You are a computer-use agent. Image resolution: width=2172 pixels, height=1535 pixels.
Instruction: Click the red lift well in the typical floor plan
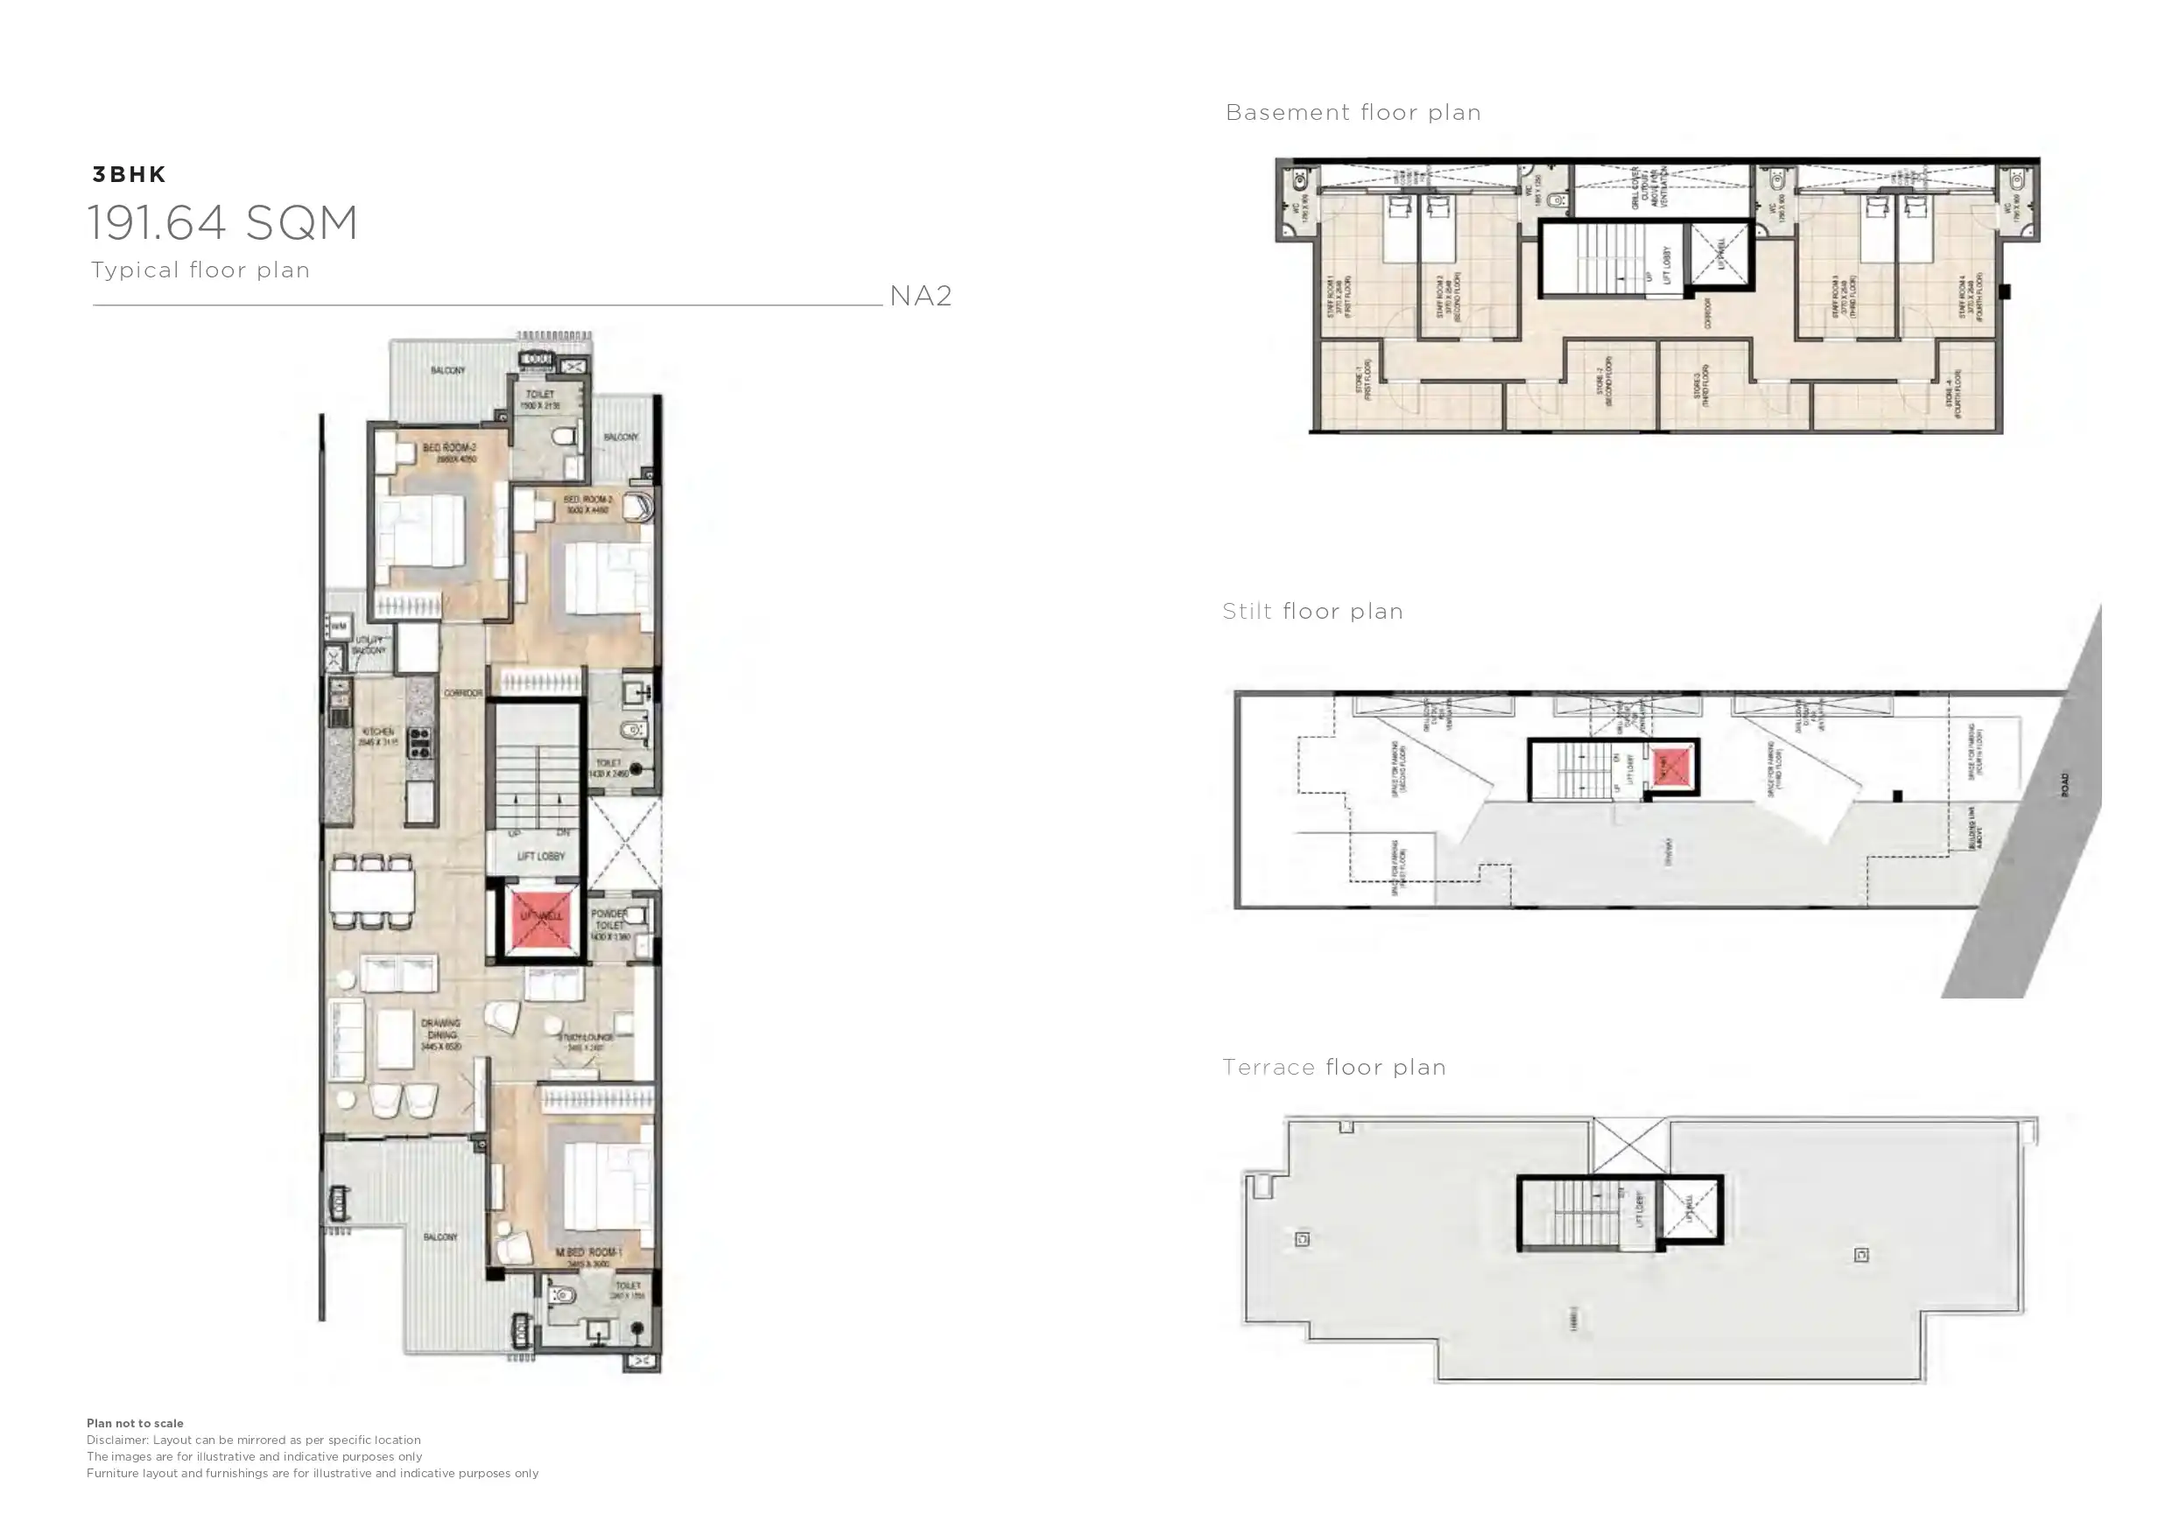pos(541,917)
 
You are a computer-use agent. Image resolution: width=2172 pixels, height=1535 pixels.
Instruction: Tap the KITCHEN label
pos(378,732)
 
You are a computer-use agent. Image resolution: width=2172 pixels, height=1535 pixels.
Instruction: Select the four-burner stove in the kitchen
pos(420,743)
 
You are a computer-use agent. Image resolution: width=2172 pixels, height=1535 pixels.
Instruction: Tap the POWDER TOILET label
pos(609,919)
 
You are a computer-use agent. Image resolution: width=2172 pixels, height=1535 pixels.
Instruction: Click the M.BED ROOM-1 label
pos(588,1252)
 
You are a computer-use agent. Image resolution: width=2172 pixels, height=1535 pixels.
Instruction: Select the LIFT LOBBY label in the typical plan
pos(541,856)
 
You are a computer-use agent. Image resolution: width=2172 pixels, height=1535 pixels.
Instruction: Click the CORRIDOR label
pos(463,693)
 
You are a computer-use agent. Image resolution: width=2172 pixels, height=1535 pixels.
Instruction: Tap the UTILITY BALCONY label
pos(369,645)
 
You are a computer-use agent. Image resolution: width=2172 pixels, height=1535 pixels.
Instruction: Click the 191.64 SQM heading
pos(223,223)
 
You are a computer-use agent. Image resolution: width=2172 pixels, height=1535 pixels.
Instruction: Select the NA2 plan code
pos(920,296)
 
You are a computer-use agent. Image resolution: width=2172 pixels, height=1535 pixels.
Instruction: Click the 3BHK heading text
pos(130,174)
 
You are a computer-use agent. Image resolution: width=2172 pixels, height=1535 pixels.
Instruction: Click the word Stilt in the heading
pos(1247,611)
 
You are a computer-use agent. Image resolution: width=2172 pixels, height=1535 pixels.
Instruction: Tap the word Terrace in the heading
pos(1269,1067)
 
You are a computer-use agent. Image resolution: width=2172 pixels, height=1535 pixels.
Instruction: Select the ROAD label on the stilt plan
pos(2064,784)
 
